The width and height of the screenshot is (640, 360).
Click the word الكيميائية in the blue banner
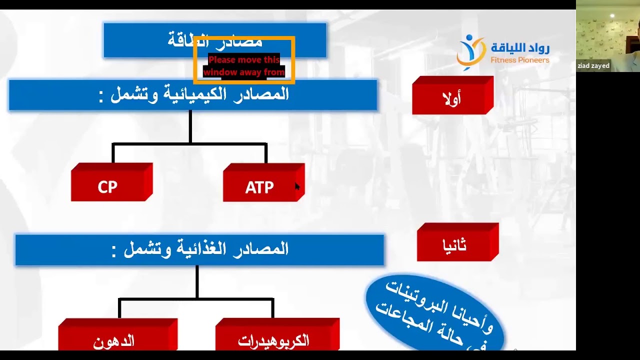coord(200,94)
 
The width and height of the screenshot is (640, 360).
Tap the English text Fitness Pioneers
coord(519,60)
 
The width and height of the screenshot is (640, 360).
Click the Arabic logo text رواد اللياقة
coord(520,48)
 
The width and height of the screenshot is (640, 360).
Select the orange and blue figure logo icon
coord(470,51)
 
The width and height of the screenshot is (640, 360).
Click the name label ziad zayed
coord(593,66)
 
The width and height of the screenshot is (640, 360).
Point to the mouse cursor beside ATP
coord(297,186)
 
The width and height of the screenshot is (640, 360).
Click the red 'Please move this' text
coord(244,60)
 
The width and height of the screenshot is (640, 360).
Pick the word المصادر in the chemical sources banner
coord(263,94)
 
